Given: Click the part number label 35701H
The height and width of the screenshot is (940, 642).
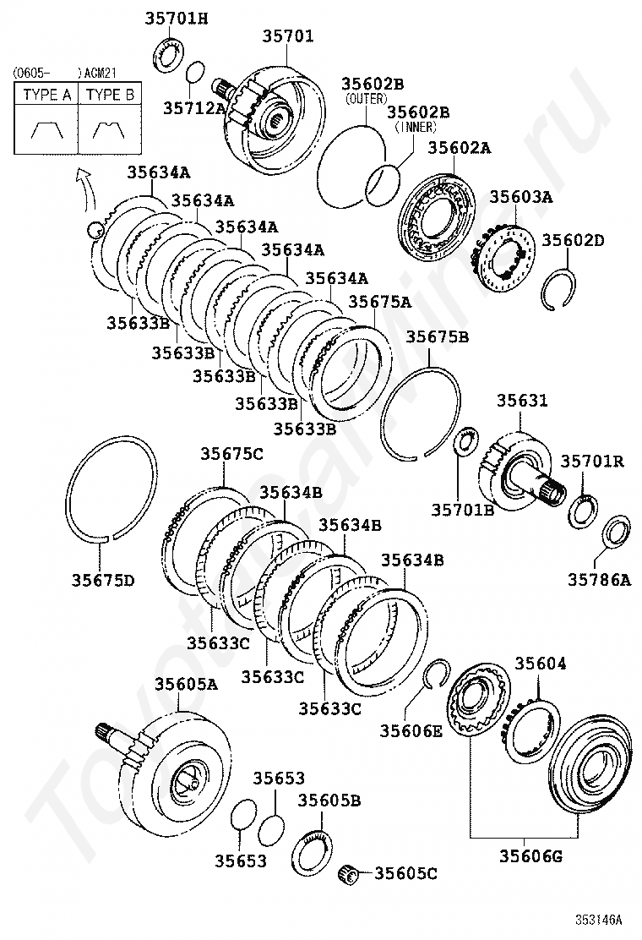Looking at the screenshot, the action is click(176, 19).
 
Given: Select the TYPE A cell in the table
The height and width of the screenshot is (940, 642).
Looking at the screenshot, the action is click(46, 96).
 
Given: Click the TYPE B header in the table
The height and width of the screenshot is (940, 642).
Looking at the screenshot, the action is click(110, 96).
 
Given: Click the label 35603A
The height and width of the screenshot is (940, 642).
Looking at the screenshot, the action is click(521, 197).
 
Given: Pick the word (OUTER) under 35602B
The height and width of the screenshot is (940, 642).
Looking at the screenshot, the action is click(366, 99).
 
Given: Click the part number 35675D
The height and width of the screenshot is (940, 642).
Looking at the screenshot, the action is click(103, 580).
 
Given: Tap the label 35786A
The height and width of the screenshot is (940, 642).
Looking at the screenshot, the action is click(599, 580).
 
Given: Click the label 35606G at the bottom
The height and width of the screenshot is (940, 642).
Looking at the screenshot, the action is click(531, 856).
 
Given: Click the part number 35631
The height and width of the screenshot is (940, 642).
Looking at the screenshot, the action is click(522, 401).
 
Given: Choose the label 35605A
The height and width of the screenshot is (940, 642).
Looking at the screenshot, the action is click(186, 684).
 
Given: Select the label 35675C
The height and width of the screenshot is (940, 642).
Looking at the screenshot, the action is click(231, 454).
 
